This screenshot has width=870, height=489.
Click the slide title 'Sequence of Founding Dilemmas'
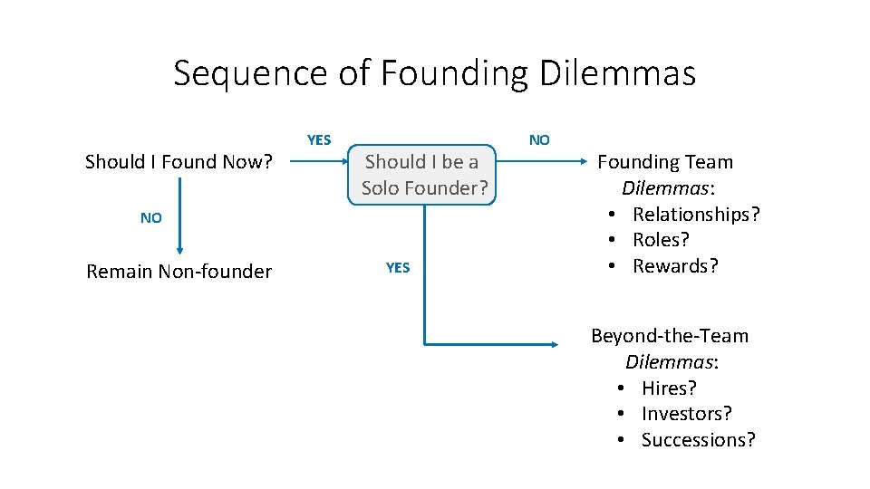click(x=434, y=72)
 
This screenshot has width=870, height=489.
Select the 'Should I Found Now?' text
click(x=178, y=162)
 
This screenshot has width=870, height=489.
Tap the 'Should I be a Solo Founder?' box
click(x=424, y=175)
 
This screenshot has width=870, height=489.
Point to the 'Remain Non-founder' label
click(x=179, y=272)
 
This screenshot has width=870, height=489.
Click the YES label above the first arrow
click(x=319, y=139)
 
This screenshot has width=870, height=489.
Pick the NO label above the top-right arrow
click(x=539, y=139)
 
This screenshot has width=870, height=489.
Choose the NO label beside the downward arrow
click(x=151, y=218)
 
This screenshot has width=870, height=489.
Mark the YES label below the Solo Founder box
click(x=398, y=267)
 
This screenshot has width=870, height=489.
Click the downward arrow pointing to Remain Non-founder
click(x=179, y=217)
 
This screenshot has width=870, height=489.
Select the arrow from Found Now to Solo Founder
click(x=323, y=163)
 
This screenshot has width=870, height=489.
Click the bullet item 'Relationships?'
click(x=696, y=215)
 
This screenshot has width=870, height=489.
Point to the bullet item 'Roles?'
click(x=661, y=240)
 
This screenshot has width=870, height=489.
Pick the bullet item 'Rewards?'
click(x=675, y=266)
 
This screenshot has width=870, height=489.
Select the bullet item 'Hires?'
click(x=669, y=388)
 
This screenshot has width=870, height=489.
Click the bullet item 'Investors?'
click(x=686, y=414)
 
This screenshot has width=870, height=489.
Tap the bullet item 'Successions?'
click(x=698, y=440)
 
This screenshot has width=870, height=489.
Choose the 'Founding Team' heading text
click(x=664, y=162)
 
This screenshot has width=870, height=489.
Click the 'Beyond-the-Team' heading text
click(x=670, y=336)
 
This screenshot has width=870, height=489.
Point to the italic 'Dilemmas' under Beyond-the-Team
click(x=669, y=362)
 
